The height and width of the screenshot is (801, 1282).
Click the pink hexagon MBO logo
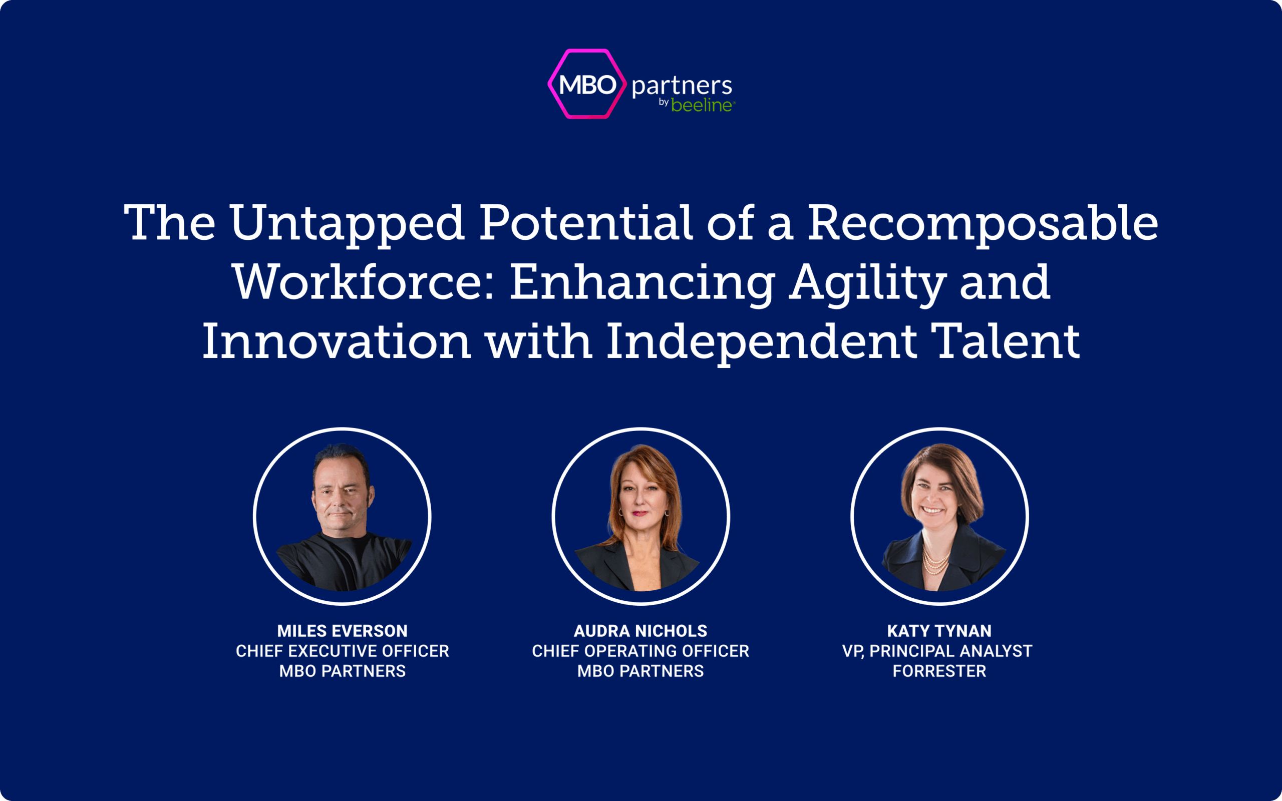[x=587, y=84]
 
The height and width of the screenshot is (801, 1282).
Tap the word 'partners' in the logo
[x=682, y=86]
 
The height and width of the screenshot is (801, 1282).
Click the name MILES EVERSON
[x=342, y=631]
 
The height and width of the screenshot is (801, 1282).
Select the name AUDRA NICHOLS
[x=640, y=631]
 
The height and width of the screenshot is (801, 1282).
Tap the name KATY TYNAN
[x=939, y=631]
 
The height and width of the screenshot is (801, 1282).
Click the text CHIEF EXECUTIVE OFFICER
[x=342, y=651]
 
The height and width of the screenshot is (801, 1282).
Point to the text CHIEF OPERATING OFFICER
[x=640, y=651]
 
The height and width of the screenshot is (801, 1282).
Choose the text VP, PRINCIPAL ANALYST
[x=937, y=651]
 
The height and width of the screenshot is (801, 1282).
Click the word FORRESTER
[x=939, y=671]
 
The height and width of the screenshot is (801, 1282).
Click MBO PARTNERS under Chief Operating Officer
[x=640, y=671]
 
